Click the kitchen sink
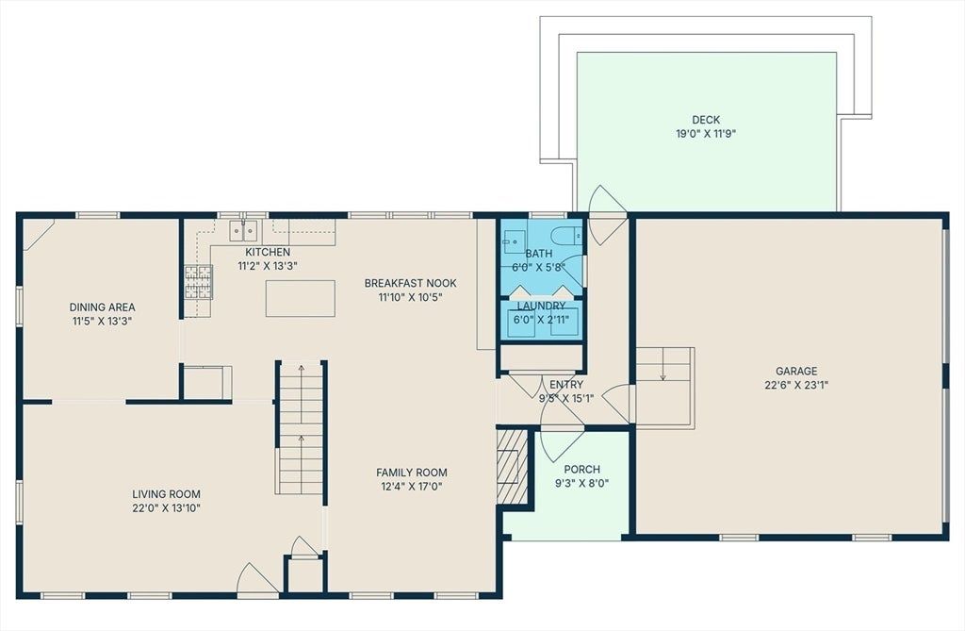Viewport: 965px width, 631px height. pyautogui.click(x=244, y=230)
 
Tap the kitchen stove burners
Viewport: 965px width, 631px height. pyautogui.click(x=198, y=282)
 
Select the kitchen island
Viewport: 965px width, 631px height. pyautogui.click(x=301, y=299)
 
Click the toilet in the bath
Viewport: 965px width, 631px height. pyautogui.click(x=566, y=235)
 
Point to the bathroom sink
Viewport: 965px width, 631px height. pyautogui.click(x=514, y=241)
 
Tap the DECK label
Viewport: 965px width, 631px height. pyautogui.click(x=706, y=120)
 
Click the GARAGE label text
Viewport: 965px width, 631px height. pyautogui.click(x=796, y=371)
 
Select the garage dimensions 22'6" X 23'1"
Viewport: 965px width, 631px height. pyautogui.click(x=796, y=385)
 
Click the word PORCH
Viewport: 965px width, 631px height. pyautogui.click(x=581, y=470)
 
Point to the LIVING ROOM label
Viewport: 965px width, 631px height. pyautogui.click(x=166, y=493)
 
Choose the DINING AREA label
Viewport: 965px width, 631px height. pyautogui.click(x=102, y=307)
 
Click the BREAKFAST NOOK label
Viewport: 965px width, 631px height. pyautogui.click(x=411, y=283)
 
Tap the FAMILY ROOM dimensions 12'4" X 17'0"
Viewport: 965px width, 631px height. pyautogui.click(x=412, y=486)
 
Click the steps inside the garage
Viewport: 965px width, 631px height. pyautogui.click(x=664, y=388)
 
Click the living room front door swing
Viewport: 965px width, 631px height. pyautogui.click(x=257, y=577)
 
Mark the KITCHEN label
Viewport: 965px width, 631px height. pyautogui.click(x=268, y=252)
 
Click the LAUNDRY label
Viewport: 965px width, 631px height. pyautogui.click(x=541, y=307)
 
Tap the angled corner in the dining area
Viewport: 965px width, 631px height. pyautogui.click(x=38, y=234)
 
